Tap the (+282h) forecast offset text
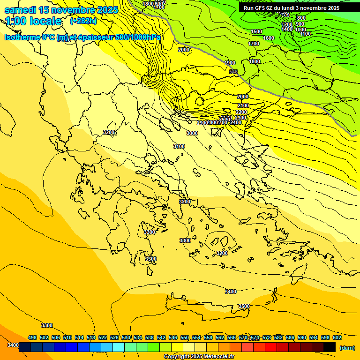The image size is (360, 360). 83,21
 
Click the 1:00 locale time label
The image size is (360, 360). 33,21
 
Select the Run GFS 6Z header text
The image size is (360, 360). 260,8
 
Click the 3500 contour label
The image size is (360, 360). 244,306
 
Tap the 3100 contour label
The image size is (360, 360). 179,146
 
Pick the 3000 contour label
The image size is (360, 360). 192,133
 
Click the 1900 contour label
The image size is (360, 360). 230,63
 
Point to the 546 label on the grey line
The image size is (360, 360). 233,71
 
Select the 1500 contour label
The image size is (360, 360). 256,31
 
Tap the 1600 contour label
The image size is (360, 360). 269,38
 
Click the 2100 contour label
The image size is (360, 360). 243,105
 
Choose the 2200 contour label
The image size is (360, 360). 241,112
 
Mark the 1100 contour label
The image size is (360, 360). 305,34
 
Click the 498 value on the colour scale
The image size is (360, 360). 32,337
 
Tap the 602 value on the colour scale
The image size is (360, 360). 337,337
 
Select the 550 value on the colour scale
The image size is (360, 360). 184,337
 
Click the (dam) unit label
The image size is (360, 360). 347,348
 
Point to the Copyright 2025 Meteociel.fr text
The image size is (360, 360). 199,356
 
